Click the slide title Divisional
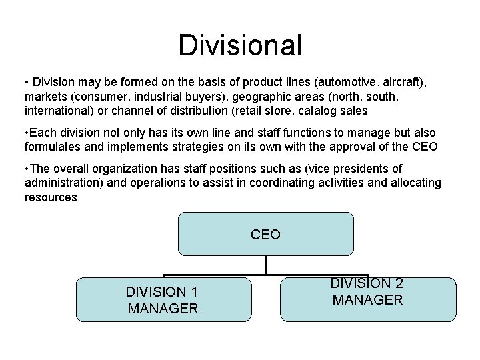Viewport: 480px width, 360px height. click(x=240, y=45)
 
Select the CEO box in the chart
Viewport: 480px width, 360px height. click(x=265, y=234)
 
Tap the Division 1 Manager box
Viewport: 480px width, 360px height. click(x=163, y=300)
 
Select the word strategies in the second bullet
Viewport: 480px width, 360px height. click(x=201, y=146)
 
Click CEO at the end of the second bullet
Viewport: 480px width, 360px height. click(x=424, y=146)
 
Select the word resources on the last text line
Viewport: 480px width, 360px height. click(x=51, y=197)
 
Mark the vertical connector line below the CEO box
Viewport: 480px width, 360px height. click(x=265, y=265)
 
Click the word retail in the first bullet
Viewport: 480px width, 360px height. click(x=245, y=110)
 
